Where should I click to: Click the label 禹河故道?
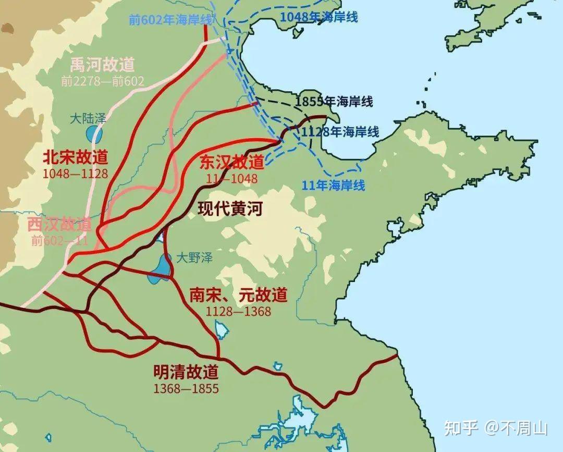[102, 65]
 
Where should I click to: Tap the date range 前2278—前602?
[102, 81]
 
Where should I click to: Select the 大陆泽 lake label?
[88, 118]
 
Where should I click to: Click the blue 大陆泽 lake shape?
[94, 135]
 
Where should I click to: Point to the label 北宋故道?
[76, 157]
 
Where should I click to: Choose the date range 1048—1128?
[76, 173]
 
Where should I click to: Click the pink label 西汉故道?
[59, 225]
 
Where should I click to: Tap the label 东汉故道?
[232, 162]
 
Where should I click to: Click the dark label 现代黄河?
[230, 209]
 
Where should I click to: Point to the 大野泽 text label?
[194, 258]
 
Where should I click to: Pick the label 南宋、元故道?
[238, 295]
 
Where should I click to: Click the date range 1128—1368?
[238, 311]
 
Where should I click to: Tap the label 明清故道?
[186, 372]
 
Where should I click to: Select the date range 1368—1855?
[186, 388]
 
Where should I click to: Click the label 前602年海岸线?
[171, 20]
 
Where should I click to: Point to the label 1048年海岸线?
[319, 17]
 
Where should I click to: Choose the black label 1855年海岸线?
[334, 102]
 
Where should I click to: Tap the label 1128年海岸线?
[340, 132]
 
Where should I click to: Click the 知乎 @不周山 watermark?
[495, 429]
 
